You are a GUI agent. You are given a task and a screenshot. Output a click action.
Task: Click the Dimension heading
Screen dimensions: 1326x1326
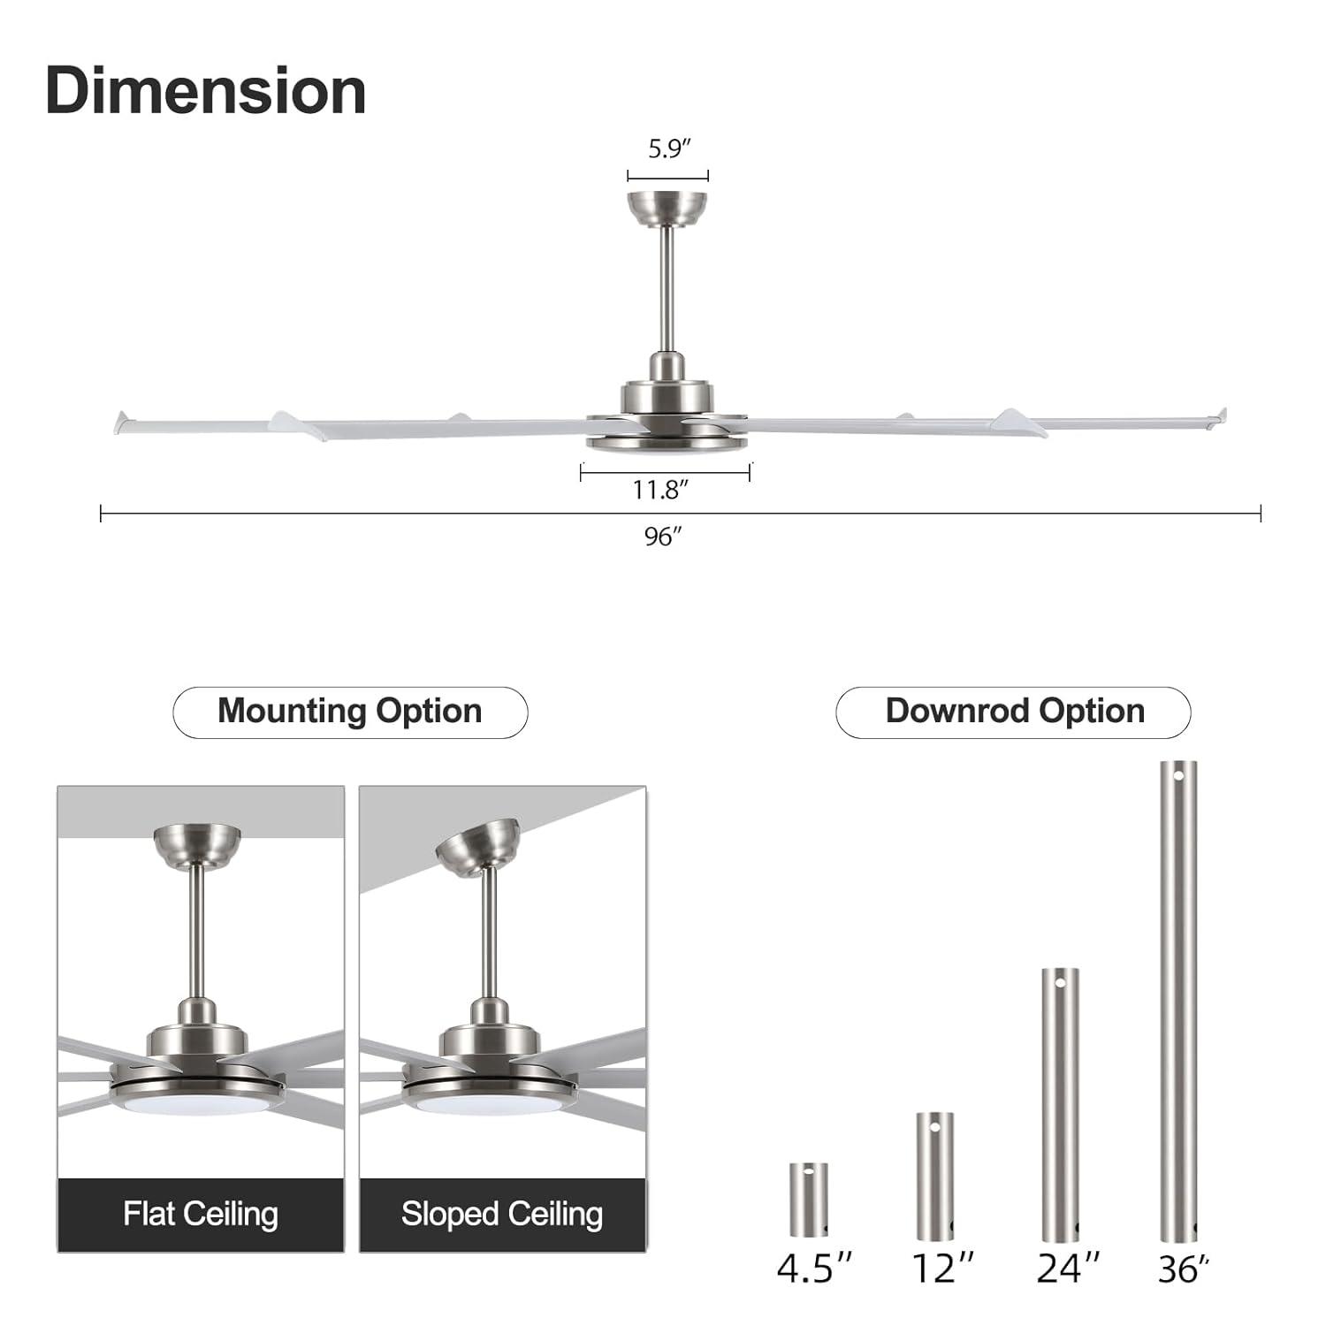click(205, 91)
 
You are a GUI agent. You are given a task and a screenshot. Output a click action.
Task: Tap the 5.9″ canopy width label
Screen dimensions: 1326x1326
click(668, 149)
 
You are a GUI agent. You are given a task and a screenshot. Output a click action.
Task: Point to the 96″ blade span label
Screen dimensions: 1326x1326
click(663, 537)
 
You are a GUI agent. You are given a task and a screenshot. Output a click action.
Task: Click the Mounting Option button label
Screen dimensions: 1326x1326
click(350, 712)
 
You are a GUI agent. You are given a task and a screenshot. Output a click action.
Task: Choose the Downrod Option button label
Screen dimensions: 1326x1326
click(1014, 712)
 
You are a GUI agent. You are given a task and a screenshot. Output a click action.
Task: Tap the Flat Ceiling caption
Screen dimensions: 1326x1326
click(201, 1214)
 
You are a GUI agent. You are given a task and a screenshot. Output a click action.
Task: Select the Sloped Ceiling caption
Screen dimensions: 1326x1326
click(502, 1214)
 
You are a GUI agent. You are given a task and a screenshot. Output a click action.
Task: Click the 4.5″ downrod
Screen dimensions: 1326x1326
click(809, 1199)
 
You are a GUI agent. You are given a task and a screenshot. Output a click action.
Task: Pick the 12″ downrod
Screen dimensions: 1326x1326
click(934, 1176)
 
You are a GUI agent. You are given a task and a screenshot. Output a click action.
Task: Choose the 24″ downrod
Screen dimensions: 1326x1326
click(1060, 1104)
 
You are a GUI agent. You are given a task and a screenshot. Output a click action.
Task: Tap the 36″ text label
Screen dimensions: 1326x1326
click(1183, 1270)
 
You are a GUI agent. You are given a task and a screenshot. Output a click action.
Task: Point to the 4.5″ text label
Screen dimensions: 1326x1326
click(814, 1269)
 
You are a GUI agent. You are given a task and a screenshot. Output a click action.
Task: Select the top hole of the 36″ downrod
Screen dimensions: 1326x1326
click(1178, 775)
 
